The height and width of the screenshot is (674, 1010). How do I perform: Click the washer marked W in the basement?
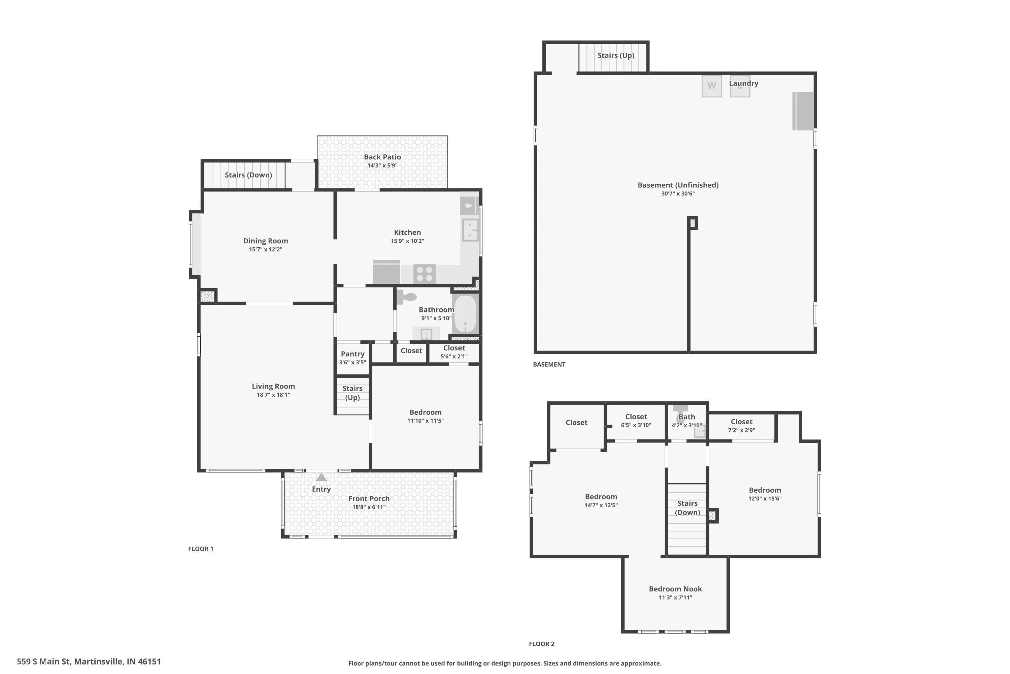pos(712,86)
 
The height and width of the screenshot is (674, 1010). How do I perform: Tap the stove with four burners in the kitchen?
pos(424,274)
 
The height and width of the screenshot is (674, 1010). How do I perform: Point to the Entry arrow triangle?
pos(321,478)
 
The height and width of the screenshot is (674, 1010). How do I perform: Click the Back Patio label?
pos(382,157)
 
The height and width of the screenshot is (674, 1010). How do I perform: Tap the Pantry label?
pos(352,354)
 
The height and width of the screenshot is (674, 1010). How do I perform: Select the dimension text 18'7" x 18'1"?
pos(273,395)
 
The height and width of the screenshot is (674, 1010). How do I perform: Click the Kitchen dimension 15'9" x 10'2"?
pos(407,241)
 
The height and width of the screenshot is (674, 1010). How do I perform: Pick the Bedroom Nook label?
pos(675,589)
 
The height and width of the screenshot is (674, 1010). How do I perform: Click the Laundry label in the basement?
pos(743,83)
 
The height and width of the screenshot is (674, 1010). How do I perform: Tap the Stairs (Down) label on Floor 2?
pos(687,508)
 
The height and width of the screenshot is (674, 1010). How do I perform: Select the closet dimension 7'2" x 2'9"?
pos(741,430)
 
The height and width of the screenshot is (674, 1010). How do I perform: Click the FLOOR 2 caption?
pos(541,643)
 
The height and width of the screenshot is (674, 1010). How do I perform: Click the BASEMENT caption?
pos(549,364)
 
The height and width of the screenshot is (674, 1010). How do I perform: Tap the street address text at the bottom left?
pos(89,662)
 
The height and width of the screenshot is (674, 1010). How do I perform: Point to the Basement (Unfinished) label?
pos(678,185)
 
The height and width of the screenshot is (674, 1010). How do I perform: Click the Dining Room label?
pos(265,241)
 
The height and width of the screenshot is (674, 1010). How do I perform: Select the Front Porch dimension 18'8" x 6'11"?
pos(369,507)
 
